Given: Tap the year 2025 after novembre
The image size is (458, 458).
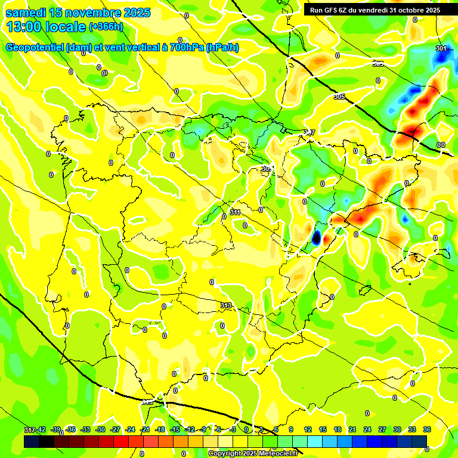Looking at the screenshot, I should (135, 13).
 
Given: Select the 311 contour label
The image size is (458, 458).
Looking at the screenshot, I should (235, 212).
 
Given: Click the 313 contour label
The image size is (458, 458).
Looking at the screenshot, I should (226, 305).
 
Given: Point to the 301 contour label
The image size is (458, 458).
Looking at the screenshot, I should (441, 48).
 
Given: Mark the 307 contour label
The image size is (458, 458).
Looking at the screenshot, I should (310, 132).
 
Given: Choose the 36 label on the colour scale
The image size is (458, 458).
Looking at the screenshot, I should (427, 429).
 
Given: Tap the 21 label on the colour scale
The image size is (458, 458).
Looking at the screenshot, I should (352, 429).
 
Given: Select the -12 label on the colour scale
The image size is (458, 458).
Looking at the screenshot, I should (190, 429).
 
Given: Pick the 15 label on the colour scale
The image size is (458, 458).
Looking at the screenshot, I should (323, 429).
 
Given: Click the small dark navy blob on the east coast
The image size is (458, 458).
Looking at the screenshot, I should (316, 237).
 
